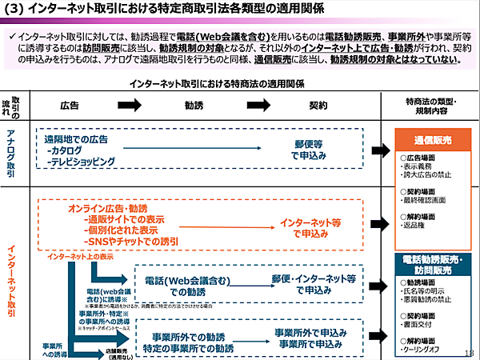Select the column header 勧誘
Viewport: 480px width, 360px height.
(194, 105)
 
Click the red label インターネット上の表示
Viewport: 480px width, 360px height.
(80, 257)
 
